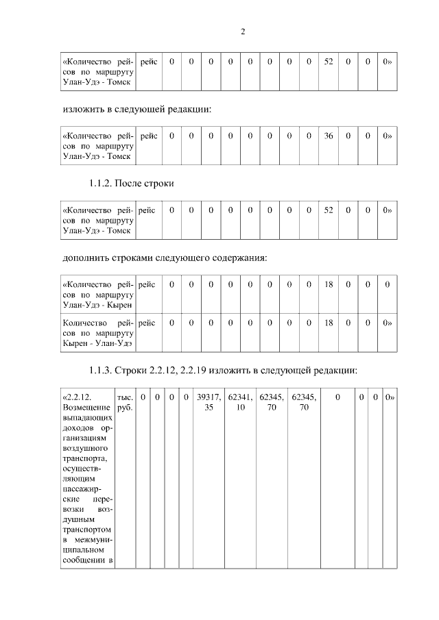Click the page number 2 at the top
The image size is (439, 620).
pyautogui.click(x=244, y=32)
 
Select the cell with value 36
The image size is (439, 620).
pyautogui.click(x=329, y=136)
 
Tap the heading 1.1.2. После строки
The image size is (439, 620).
pyautogui.click(x=133, y=184)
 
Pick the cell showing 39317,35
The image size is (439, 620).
pyautogui.click(x=209, y=401)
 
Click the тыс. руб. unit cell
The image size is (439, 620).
pyautogui.click(x=125, y=401)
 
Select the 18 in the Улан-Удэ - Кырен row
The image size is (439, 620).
pyautogui.click(x=329, y=284)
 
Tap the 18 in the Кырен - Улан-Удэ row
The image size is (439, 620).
pyautogui.click(x=329, y=321)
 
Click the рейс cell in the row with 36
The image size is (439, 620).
pyautogui.click(x=148, y=136)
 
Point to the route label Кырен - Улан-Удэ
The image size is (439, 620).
pyautogui.click(x=96, y=342)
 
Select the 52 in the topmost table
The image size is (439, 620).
pyautogui.click(x=329, y=62)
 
